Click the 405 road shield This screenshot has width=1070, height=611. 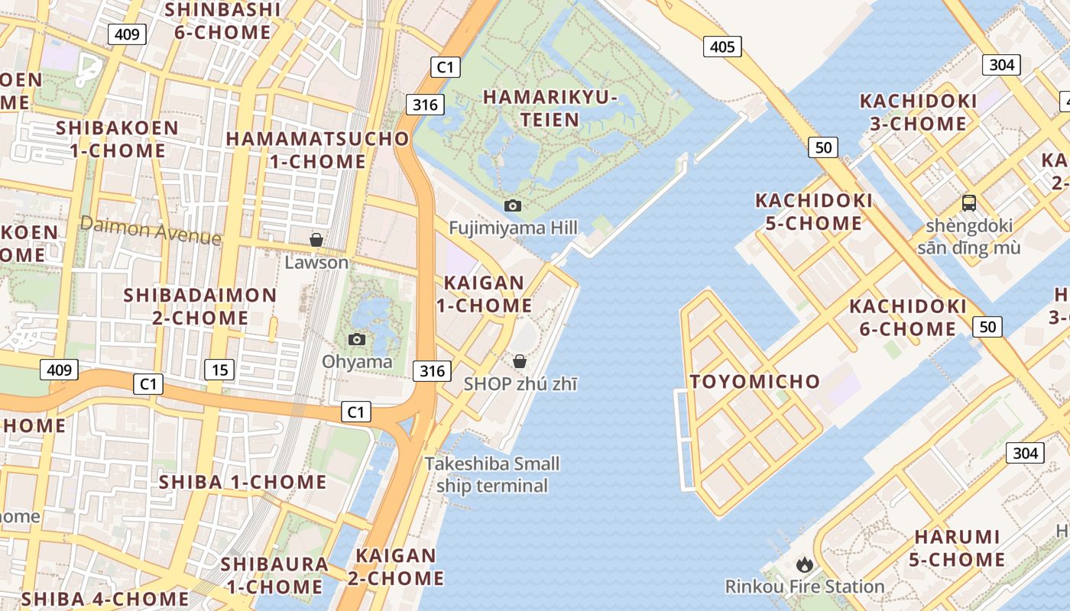click(722, 47)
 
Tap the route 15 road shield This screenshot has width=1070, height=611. click(219, 370)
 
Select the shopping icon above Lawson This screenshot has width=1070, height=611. click(316, 241)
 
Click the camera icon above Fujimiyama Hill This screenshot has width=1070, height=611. click(513, 205)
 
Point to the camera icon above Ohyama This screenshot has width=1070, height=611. click(356, 339)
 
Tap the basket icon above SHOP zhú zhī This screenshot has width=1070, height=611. click(520, 361)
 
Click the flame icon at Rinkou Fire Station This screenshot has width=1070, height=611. click(804, 564)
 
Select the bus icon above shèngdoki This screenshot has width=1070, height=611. click(968, 203)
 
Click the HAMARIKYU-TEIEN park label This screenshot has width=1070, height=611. click(550, 108)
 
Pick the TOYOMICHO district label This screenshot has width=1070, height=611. click(755, 382)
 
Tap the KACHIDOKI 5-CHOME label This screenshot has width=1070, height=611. click(814, 212)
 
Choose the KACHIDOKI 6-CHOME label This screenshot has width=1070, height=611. click(908, 318)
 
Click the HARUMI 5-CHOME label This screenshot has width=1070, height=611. click(958, 548)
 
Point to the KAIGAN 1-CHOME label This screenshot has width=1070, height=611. click(484, 294)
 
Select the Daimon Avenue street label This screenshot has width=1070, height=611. click(150, 230)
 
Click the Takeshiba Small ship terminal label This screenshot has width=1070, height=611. click(492, 474)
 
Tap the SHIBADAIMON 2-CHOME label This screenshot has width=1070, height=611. click(200, 306)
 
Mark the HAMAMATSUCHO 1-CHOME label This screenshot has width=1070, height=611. click(318, 150)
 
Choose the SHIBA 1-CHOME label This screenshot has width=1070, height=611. click(242, 483)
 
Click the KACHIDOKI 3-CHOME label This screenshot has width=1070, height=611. click(918, 112)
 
